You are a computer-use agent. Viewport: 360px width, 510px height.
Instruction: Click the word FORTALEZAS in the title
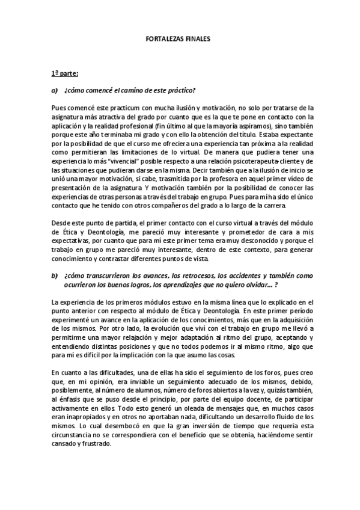[165, 37]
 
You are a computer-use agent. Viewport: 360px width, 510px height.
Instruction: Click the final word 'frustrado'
[97, 448]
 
